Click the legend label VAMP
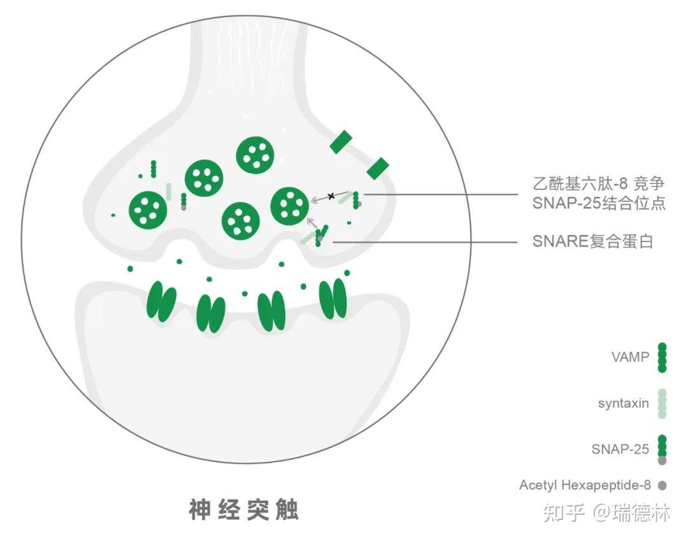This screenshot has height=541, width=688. click(x=629, y=357)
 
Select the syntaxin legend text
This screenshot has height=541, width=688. click(x=623, y=403)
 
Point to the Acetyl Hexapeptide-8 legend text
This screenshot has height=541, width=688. click(x=585, y=486)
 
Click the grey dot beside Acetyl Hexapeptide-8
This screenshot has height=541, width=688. click(x=662, y=486)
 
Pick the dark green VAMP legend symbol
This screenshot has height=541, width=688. click(x=662, y=357)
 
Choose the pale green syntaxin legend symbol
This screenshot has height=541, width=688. click(x=662, y=403)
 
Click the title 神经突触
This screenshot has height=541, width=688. click(x=243, y=509)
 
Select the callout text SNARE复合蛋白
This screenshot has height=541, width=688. click(x=592, y=242)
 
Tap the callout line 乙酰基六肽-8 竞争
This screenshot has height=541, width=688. click(x=598, y=184)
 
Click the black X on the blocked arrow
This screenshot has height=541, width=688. click(x=331, y=195)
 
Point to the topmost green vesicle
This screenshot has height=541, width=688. click(x=255, y=155)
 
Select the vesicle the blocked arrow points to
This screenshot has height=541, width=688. click(x=290, y=205)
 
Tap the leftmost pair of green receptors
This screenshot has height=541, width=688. click(x=161, y=302)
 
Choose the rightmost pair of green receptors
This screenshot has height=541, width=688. click(x=333, y=298)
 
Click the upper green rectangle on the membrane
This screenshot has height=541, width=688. click(x=341, y=141)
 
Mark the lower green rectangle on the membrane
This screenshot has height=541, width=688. click(x=377, y=169)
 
